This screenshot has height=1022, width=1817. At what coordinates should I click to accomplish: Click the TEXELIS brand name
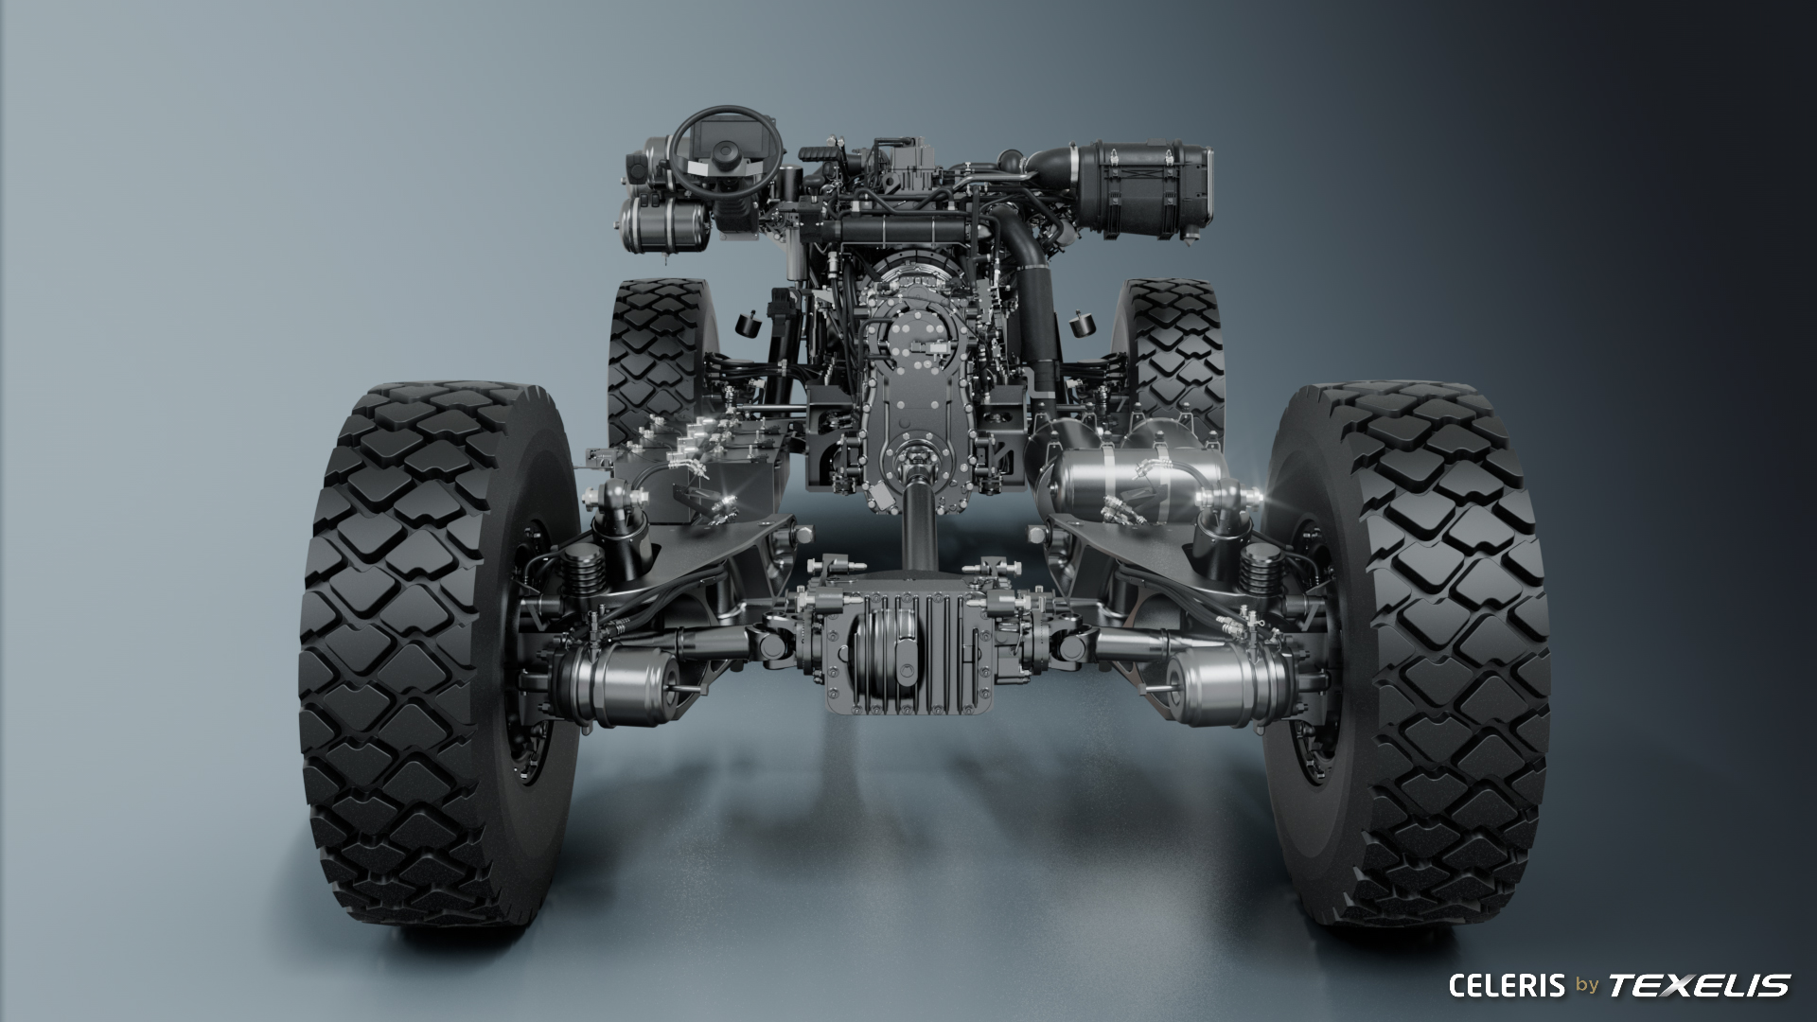coord(1700,986)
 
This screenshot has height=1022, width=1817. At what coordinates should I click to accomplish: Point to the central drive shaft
coord(918,520)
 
